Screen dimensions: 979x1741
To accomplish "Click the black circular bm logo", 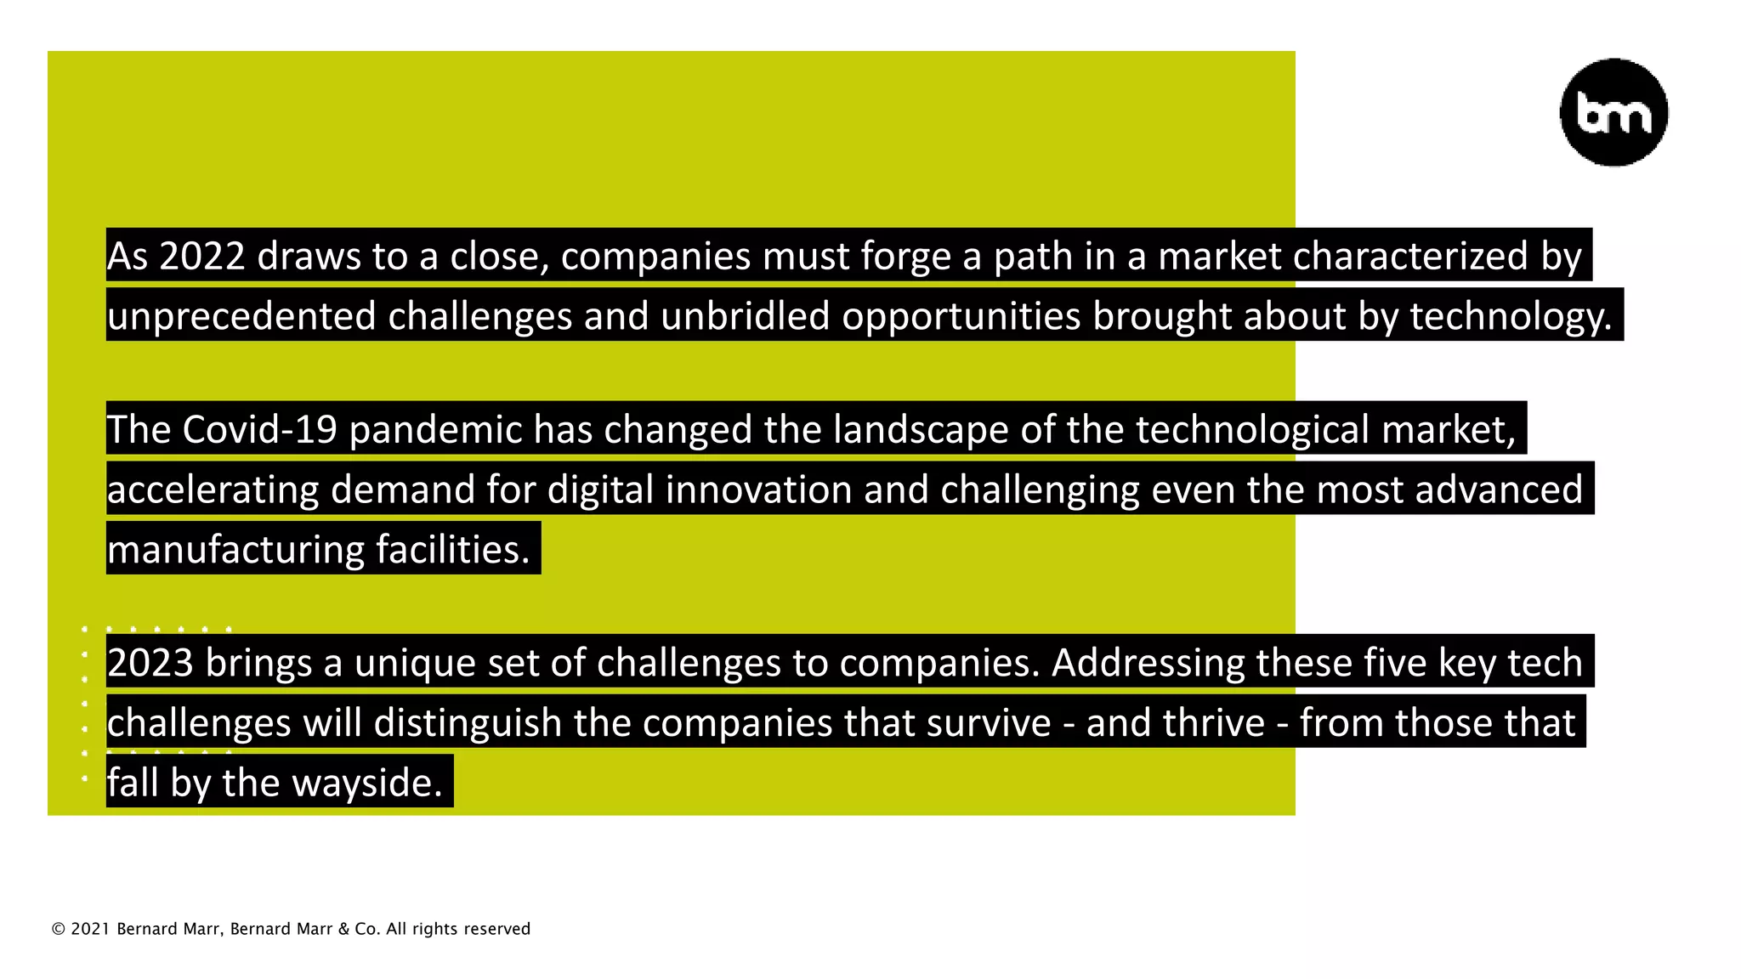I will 1613,112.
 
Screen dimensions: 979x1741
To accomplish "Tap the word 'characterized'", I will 1410,256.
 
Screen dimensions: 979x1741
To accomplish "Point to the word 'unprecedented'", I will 241,316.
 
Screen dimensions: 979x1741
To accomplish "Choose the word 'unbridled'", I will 745,316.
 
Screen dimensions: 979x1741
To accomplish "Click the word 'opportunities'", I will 961,316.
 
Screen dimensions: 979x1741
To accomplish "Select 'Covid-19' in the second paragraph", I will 259,429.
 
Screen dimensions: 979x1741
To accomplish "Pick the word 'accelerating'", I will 213,489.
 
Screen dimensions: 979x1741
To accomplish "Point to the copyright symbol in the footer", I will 59,930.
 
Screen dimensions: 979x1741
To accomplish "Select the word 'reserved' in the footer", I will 498,929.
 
